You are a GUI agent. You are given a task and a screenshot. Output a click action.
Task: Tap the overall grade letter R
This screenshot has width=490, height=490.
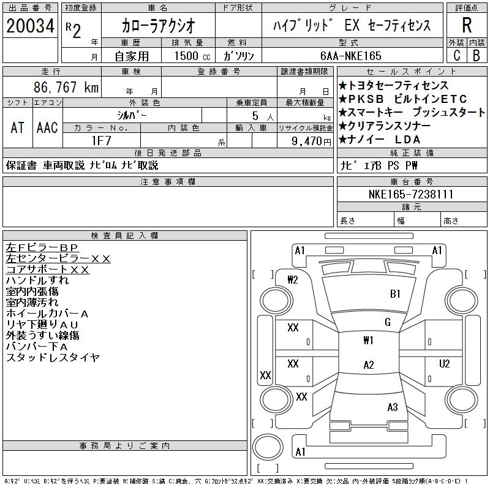[x=467, y=26]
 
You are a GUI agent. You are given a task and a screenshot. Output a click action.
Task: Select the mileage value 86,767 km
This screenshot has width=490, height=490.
[x=66, y=88]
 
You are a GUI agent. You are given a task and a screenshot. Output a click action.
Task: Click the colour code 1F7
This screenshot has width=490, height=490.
[x=101, y=140]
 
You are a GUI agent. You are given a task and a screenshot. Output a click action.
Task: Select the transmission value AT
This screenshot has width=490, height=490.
[x=17, y=128]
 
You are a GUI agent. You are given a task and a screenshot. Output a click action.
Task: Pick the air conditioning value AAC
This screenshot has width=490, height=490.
[x=47, y=128]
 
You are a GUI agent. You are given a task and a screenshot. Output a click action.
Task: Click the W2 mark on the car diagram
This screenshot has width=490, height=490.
[x=293, y=280]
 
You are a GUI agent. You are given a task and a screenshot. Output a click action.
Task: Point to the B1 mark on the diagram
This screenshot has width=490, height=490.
[x=395, y=294]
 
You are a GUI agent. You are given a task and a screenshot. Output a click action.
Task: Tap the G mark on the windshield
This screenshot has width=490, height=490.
[x=388, y=322]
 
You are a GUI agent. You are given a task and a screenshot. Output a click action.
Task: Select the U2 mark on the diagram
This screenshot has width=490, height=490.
[x=445, y=364]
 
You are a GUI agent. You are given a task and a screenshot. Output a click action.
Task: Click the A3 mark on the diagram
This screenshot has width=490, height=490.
[x=393, y=407]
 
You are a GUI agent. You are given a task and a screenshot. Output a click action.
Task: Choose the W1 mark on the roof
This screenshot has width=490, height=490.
[x=368, y=341]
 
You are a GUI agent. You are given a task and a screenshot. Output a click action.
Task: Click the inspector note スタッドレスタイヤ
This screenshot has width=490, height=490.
[x=53, y=358]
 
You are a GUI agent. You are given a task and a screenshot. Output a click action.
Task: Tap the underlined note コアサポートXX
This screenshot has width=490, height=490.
[x=48, y=269]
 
